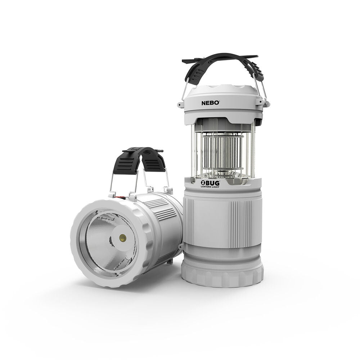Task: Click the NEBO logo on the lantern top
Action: [210, 103]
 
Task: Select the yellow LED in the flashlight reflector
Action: [122, 238]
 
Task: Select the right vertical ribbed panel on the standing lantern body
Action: [238, 223]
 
